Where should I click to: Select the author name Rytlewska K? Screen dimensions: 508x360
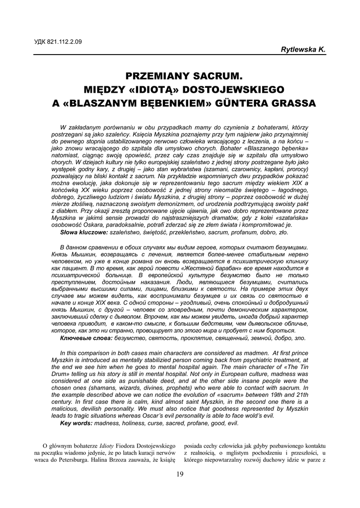(303, 50)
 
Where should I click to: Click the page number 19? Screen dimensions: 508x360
(180, 474)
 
